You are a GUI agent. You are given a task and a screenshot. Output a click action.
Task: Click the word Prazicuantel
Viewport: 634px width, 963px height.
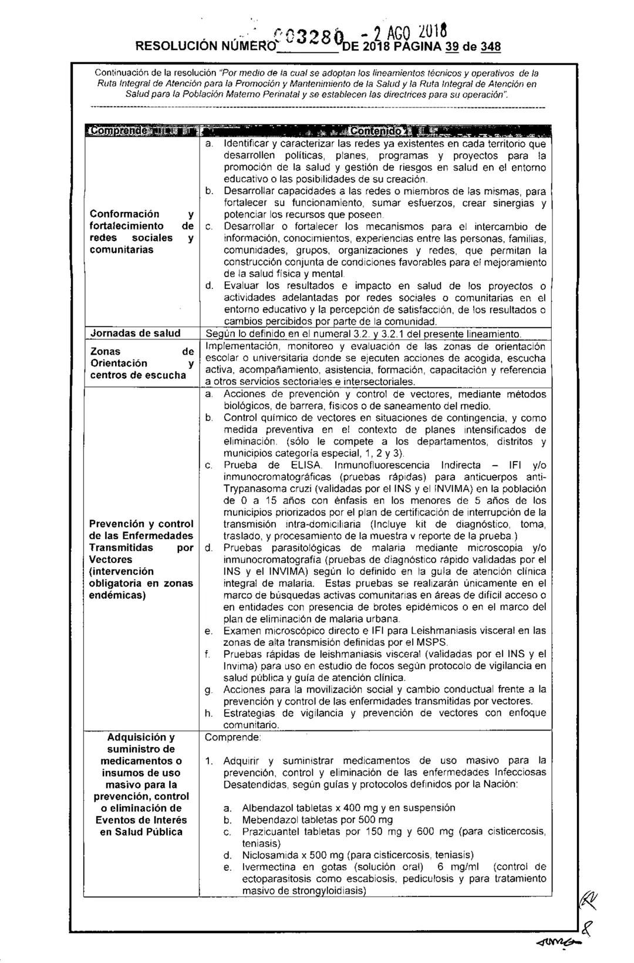[x=269, y=831]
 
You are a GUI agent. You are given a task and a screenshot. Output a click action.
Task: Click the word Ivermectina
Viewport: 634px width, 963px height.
[x=267, y=867]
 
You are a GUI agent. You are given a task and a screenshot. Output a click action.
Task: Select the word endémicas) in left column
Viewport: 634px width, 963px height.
[x=116, y=595]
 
